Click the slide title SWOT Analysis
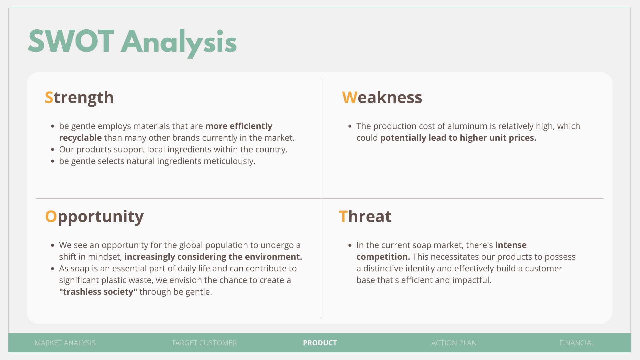(132, 42)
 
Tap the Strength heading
(79, 98)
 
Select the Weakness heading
(382, 97)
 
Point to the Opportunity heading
(94, 217)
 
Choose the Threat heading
(365, 216)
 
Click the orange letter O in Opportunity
(51, 216)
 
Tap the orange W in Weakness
(350, 97)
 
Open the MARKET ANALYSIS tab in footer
(65, 343)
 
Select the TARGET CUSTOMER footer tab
(204, 343)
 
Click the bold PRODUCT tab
(320, 343)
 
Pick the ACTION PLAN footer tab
(454, 343)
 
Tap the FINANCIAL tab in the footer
(577, 343)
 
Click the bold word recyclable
(80, 138)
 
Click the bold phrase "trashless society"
(98, 292)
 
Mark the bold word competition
(383, 257)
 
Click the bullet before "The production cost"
(350, 126)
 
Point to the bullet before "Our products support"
(52, 150)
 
